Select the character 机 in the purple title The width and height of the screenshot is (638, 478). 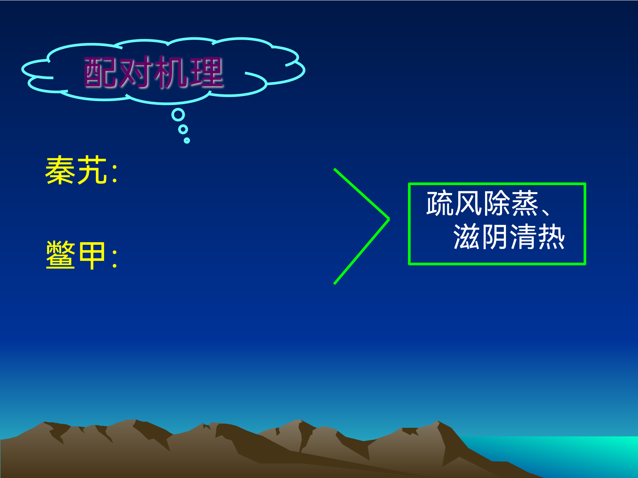click(171, 73)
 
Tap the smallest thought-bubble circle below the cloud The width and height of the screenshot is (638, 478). click(187, 140)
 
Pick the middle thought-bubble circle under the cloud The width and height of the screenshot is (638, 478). click(183, 129)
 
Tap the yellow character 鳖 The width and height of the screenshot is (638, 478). click(60, 255)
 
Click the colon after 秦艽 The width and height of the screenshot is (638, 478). click(115, 173)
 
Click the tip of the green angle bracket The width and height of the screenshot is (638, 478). click(389, 219)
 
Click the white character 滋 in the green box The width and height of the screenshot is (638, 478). click(467, 237)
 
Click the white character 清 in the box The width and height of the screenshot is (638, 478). click(523, 237)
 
